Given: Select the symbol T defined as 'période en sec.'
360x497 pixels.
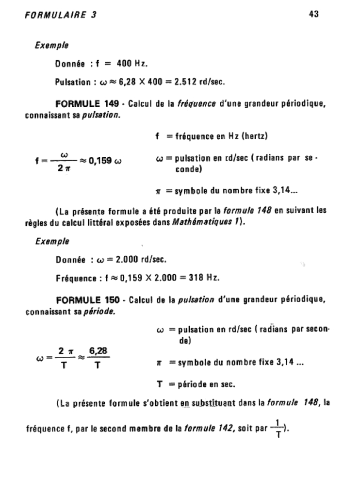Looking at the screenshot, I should (x=159, y=385).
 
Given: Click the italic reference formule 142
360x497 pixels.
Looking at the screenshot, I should (x=182, y=430).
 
